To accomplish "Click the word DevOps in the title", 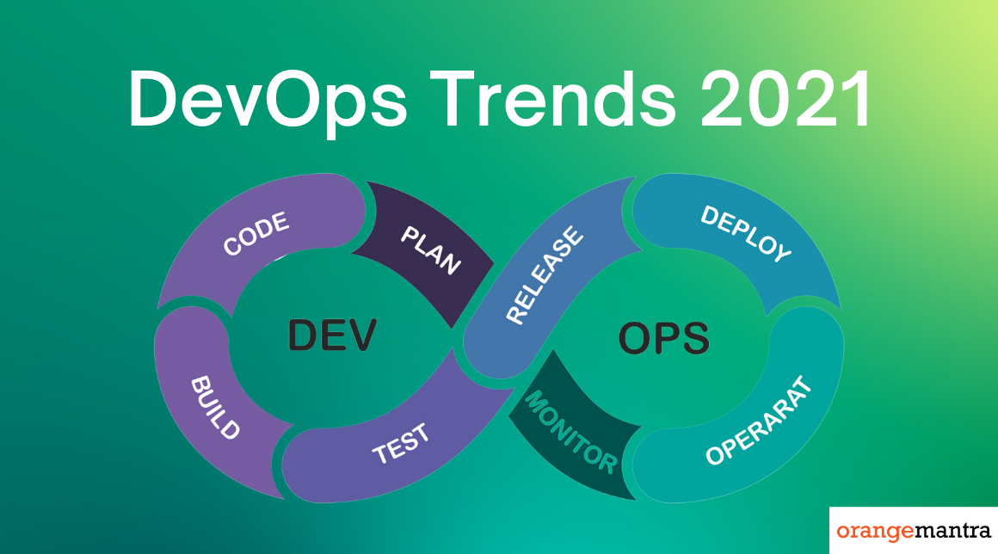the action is click(x=268, y=101).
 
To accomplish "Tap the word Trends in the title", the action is click(x=552, y=99).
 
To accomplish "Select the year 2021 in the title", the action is click(x=785, y=99).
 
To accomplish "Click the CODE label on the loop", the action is click(x=256, y=234).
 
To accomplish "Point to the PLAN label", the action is click(x=431, y=250).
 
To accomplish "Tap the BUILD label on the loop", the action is click(x=215, y=408).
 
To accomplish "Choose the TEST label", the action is click(x=401, y=443).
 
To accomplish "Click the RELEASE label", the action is click(x=545, y=274).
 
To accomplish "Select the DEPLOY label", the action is click(x=746, y=233).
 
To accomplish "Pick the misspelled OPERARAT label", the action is click(x=760, y=421).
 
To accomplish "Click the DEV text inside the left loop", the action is click(x=332, y=335).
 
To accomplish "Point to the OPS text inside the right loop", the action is click(x=664, y=338).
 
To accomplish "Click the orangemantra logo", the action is click(x=914, y=531).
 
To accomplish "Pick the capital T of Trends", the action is click(x=453, y=99).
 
